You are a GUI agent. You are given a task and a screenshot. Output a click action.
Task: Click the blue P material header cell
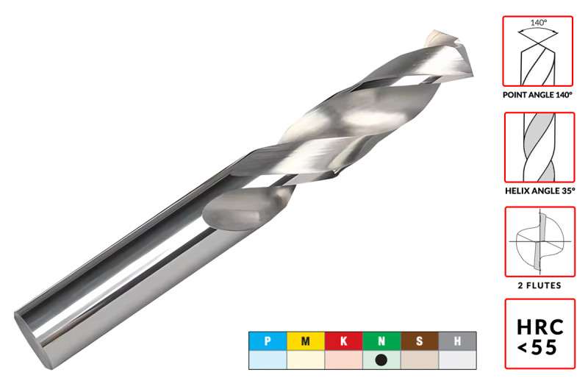click(268, 341)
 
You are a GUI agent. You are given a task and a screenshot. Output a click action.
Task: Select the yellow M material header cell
click(306, 341)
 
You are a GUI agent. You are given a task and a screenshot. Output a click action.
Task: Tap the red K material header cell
click(343, 341)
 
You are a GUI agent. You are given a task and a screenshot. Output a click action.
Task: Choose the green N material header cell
click(381, 341)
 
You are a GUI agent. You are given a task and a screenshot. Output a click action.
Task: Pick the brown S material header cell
click(420, 341)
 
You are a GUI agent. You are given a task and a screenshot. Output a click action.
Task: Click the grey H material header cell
click(457, 341)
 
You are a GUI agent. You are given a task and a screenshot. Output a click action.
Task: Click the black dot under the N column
click(381, 360)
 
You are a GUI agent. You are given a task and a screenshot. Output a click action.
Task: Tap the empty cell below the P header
click(268, 360)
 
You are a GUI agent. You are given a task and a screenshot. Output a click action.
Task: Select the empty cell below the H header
click(457, 360)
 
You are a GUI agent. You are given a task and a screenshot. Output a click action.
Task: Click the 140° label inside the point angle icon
click(539, 23)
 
